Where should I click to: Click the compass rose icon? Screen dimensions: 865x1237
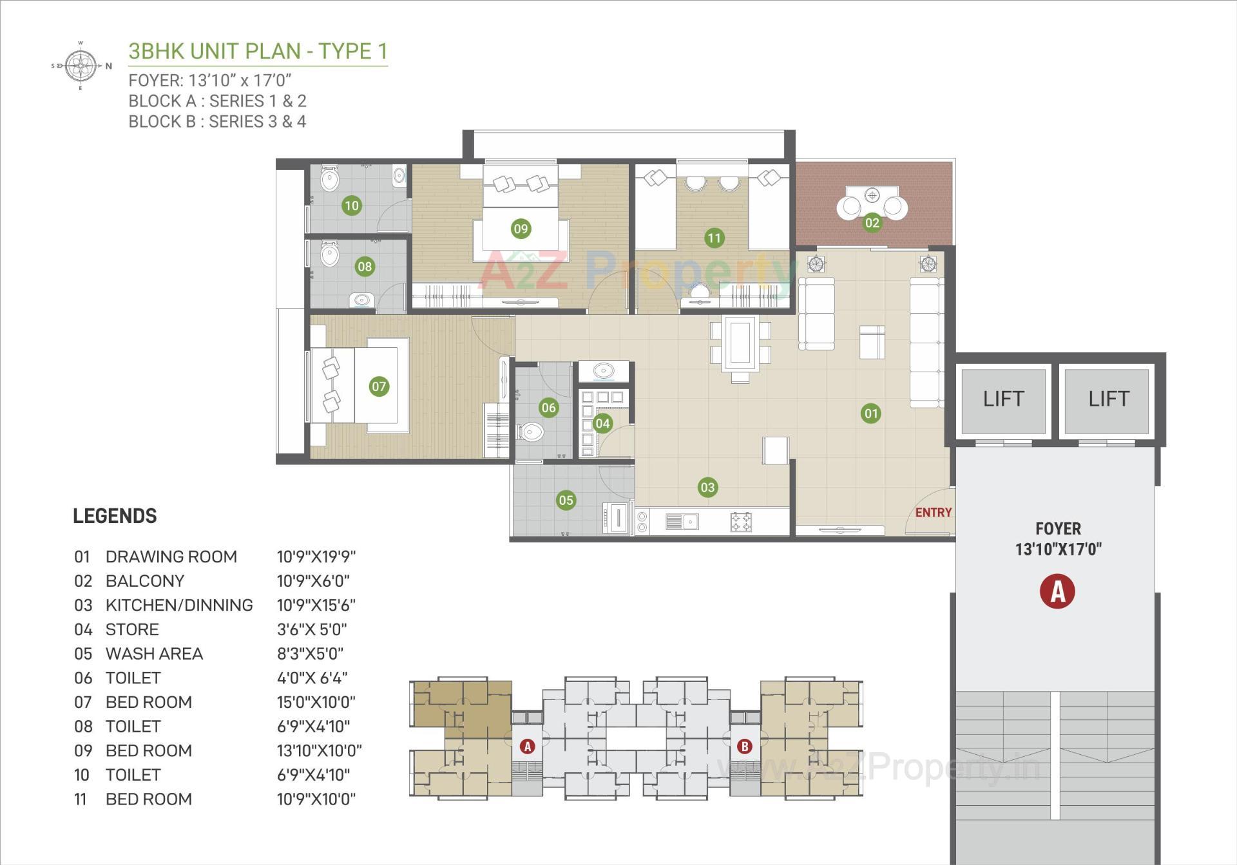(81, 66)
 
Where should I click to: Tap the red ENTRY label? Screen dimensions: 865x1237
(933, 513)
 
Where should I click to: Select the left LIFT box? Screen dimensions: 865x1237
(1003, 399)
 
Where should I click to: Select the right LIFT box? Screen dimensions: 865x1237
(1108, 399)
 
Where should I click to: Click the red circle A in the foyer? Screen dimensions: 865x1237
(1057, 591)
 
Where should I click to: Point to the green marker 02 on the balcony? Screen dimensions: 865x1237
(872, 223)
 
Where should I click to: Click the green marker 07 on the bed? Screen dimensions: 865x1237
(378, 386)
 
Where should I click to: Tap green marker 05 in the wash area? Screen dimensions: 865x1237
(566, 500)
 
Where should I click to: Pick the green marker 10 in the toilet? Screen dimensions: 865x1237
(351, 205)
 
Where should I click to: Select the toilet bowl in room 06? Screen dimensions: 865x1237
(530, 432)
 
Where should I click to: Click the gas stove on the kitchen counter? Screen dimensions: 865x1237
(741, 522)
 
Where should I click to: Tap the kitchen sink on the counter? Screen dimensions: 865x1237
(689, 521)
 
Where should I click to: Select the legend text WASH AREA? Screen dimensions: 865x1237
(154, 654)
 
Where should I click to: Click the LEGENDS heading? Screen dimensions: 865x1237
(115, 516)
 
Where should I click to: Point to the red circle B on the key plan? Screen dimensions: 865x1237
(744, 746)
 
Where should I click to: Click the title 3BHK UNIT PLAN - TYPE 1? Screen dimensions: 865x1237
(258, 51)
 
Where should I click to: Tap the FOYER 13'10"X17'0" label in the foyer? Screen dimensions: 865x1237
(1058, 539)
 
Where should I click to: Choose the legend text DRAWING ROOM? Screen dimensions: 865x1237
(171, 556)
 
